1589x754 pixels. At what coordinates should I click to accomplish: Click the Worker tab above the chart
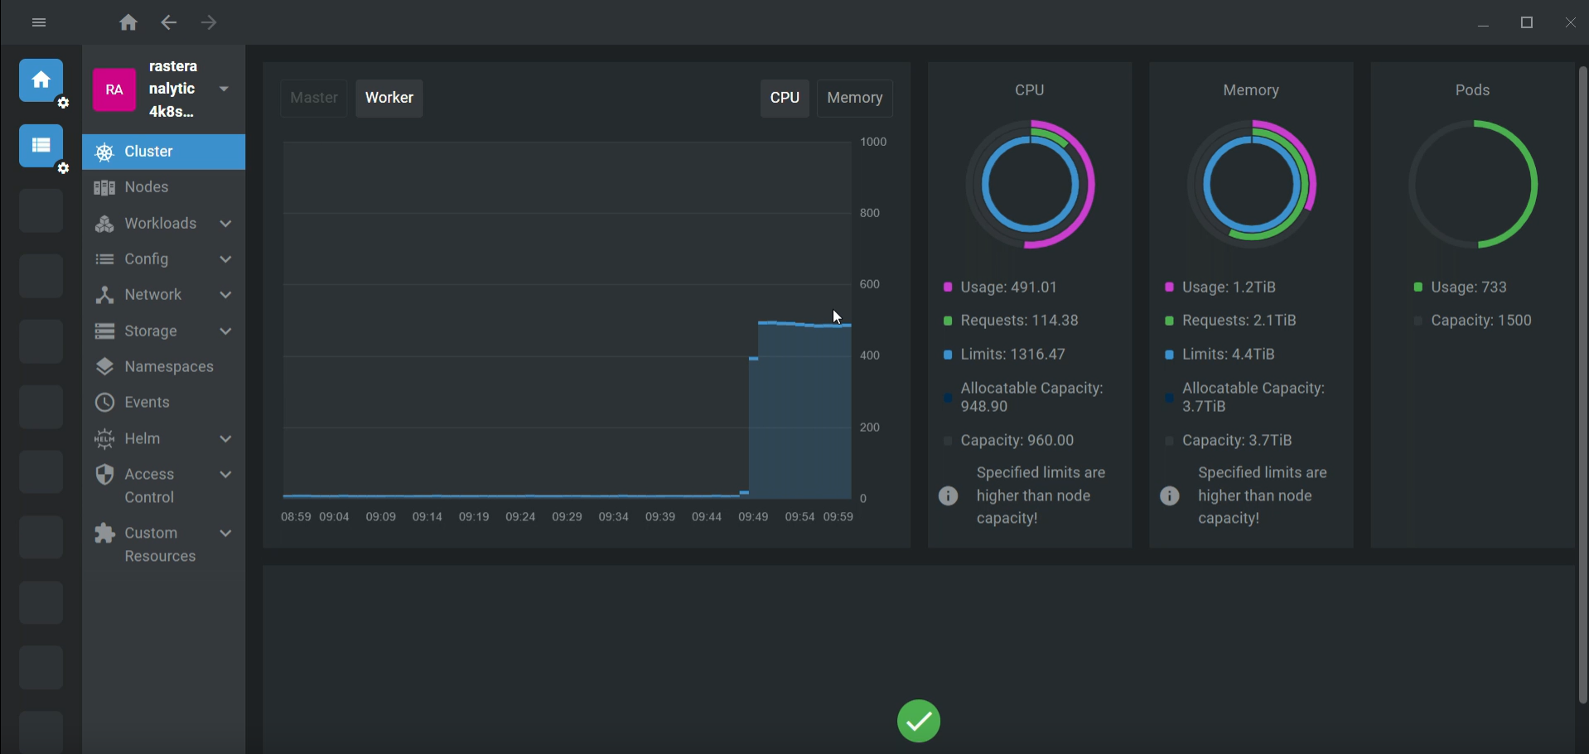tap(389, 98)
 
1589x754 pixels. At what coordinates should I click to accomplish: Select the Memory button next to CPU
tap(854, 98)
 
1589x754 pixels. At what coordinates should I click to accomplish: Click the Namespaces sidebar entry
tap(169, 366)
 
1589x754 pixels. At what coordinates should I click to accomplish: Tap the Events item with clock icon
tap(147, 402)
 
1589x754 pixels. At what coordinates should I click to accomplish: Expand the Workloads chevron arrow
tap(225, 224)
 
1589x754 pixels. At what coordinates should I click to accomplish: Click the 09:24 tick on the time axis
tap(520, 517)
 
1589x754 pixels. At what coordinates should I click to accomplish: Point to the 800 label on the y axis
tap(870, 213)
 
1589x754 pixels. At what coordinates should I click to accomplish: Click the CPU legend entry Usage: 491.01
tap(1008, 288)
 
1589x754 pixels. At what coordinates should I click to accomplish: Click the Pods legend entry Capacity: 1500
tap(1480, 321)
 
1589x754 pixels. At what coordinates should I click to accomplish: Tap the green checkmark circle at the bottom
tap(918, 721)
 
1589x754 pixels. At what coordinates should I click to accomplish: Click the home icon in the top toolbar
tap(128, 22)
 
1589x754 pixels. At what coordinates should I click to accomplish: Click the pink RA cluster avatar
tap(114, 89)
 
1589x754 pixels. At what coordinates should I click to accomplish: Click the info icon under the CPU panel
tap(948, 495)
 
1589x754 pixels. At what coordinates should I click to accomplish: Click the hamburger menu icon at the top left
tap(39, 22)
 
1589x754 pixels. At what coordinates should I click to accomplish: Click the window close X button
tap(1570, 22)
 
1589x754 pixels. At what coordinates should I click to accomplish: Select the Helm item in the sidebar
tap(142, 438)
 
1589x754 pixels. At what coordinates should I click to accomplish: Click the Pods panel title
tap(1472, 90)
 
